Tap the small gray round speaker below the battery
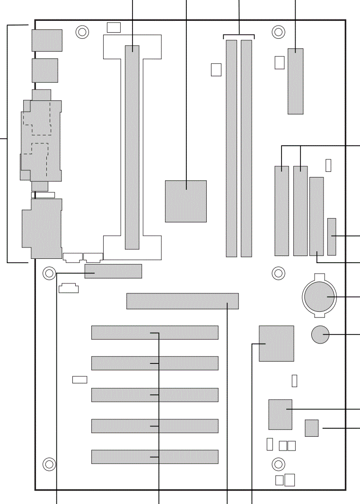(x=320, y=335)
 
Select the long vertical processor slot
(x=132, y=147)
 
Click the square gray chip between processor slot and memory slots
(x=186, y=201)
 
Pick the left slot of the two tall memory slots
(x=231, y=148)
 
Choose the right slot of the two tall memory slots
(x=246, y=148)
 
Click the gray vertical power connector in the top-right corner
(x=296, y=81)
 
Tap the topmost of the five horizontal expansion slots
(x=155, y=333)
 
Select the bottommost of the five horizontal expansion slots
(x=155, y=457)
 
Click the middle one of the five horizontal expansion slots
(x=155, y=395)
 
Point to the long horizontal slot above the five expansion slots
(x=182, y=301)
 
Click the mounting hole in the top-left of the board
(x=82, y=32)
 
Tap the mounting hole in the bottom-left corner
(x=49, y=464)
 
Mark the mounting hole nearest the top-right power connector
(x=279, y=32)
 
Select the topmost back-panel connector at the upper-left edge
(x=47, y=40)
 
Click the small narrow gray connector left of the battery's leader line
(x=332, y=236)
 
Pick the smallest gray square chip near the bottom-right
(x=312, y=428)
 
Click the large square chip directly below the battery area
(x=276, y=343)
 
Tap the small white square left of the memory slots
(x=216, y=69)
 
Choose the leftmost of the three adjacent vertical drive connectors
(x=281, y=211)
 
